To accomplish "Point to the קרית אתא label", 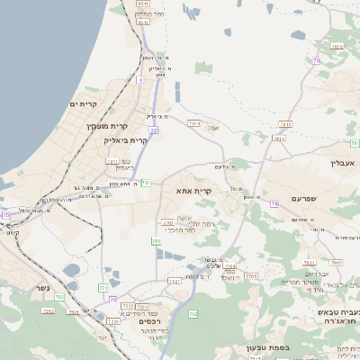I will pyautogui.click(x=193, y=191).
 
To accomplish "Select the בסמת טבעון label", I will pyautogui.click(x=262, y=346).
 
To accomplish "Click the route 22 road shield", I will pyautogui.click(x=154, y=131).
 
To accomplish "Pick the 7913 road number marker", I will pyautogui.click(x=193, y=121).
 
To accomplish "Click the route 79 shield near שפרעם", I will pyautogui.click(x=274, y=204).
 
